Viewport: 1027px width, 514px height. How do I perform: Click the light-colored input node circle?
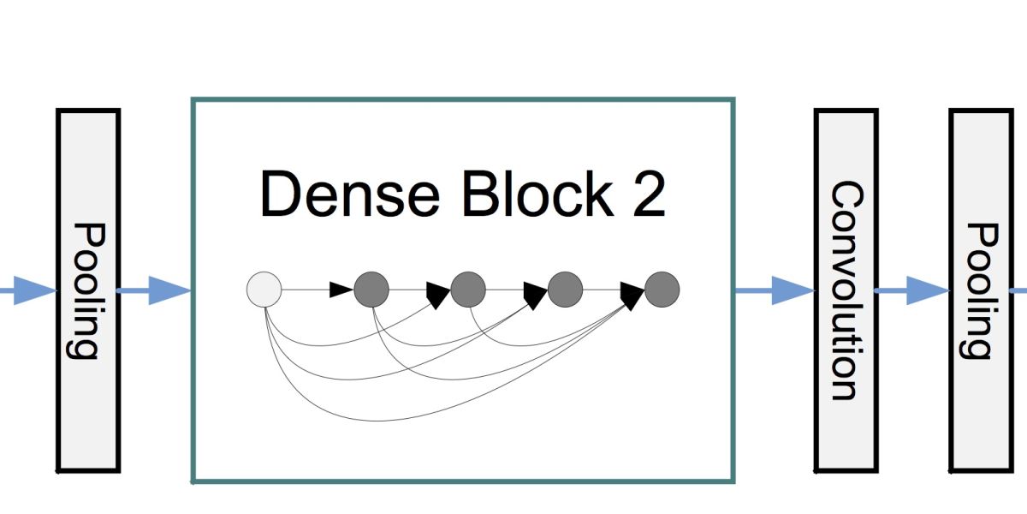coord(264,290)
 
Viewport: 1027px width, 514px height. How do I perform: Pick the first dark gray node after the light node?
coord(371,290)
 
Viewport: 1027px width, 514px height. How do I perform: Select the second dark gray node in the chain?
coord(468,290)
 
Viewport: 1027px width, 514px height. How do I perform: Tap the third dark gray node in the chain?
coord(565,290)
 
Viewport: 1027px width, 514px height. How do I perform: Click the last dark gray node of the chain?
coord(662,290)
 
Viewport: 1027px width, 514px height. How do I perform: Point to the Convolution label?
coord(846,290)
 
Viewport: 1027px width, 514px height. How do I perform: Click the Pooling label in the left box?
coord(88,290)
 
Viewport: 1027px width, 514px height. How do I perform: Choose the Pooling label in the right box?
coord(981,290)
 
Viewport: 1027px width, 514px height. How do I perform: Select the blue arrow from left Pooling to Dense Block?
coord(154,290)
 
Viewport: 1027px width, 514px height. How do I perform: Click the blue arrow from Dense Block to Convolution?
coord(775,290)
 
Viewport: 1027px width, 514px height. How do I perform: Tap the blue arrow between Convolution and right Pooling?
coord(913,290)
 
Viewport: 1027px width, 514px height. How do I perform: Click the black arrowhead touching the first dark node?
coord(342,290)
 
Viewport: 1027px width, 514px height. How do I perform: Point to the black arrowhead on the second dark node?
coord(439,296)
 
